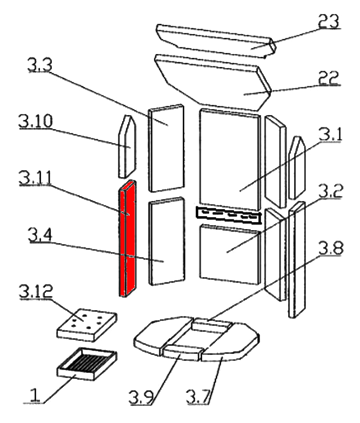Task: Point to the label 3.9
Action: (142, 398)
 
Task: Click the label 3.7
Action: (199, 398)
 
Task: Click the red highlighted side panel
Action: (128, 238)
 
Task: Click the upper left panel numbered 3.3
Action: (166, 147)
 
